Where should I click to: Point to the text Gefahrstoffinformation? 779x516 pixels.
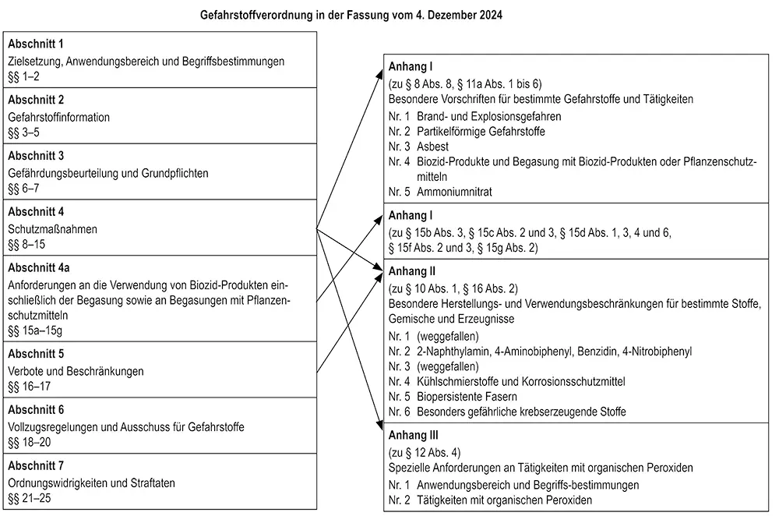(x=59, y=117)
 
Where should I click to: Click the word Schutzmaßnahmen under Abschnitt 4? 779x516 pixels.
(x=53, y=229)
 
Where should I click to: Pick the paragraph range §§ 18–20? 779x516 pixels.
(x=29, y=443)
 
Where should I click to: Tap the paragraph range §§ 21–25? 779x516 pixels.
(x=29, y=498)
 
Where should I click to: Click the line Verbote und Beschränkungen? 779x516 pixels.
(x=76, y=372)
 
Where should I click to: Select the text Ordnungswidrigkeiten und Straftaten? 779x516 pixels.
(x=92, y=483)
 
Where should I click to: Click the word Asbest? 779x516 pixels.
(x=432, y=147)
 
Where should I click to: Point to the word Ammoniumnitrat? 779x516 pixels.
(x=454, y=191)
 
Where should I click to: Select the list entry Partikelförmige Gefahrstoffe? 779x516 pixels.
(x=481, y=132)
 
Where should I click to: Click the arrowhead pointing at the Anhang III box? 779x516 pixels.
(x=379, y=427)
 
